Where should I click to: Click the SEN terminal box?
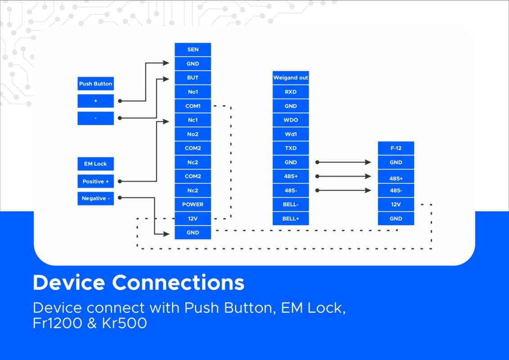[193, 49]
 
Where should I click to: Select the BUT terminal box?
[193, 77]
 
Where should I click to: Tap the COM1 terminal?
[193, 106]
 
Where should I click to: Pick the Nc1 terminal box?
[193, 120]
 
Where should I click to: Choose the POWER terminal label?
[193, 204]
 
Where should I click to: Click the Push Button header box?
[95, 83]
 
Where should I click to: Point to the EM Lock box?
[95, 164]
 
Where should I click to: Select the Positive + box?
[95, 181]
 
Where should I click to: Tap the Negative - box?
[95, 198]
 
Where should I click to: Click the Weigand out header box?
[291, 77]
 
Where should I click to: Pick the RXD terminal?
[291, 91]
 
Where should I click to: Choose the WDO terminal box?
[291, 120]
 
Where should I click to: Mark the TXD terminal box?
[291, 148]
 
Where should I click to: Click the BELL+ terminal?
[291, 218]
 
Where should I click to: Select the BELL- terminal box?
[291, 204]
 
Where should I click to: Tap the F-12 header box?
[396, 148]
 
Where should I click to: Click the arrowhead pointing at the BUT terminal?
[166, 79]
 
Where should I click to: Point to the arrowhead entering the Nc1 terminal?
[166, 121]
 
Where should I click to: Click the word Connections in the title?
[178, 283]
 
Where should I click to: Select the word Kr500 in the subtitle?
[124, 323]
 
